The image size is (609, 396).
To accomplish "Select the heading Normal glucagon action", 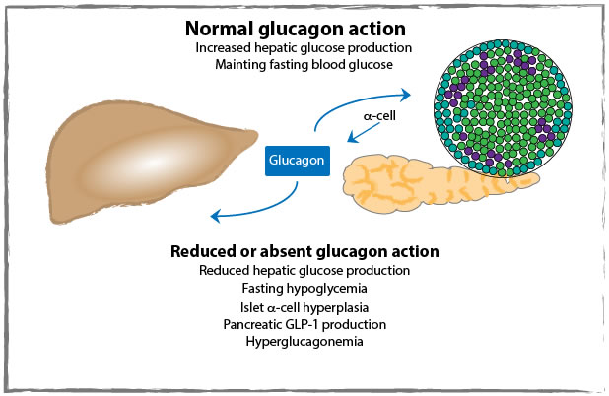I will click(304, 27).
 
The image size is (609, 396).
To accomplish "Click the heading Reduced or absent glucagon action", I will click(304, 251).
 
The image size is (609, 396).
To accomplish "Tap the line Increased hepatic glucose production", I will click(304, 47).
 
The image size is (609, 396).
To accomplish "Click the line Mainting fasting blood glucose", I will click(304, 65).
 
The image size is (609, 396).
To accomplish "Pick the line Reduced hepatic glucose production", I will click(304, 270).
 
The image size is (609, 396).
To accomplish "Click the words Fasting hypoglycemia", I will click(304, 289).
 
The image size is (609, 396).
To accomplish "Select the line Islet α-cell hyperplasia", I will click(304, 307).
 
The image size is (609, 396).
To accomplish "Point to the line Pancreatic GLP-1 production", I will click(304, 324).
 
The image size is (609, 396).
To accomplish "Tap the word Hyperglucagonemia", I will click(304, 342).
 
